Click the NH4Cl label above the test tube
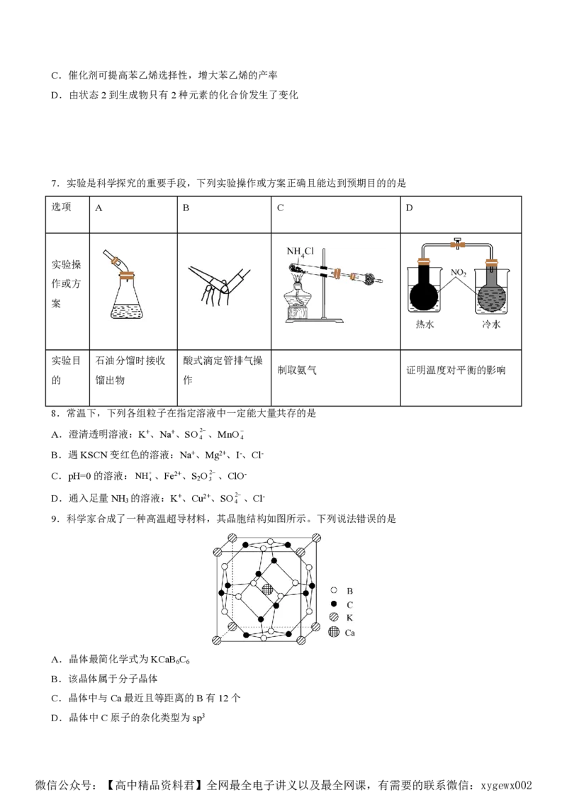[300, 252]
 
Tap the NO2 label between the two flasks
[458, 273]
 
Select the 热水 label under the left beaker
[425, 324]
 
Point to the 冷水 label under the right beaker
[490, 324]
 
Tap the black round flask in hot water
[424, 292]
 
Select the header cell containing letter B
[224, 215]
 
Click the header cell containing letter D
[461, 215]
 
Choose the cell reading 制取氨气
[336, 378]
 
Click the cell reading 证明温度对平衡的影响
[461, 378]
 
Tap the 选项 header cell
[67, 215]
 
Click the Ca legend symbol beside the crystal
[334, 632]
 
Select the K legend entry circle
[334, 617]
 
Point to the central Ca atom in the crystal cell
[267, 589]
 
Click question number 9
[55, 519]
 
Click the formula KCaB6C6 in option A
[170, 660]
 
